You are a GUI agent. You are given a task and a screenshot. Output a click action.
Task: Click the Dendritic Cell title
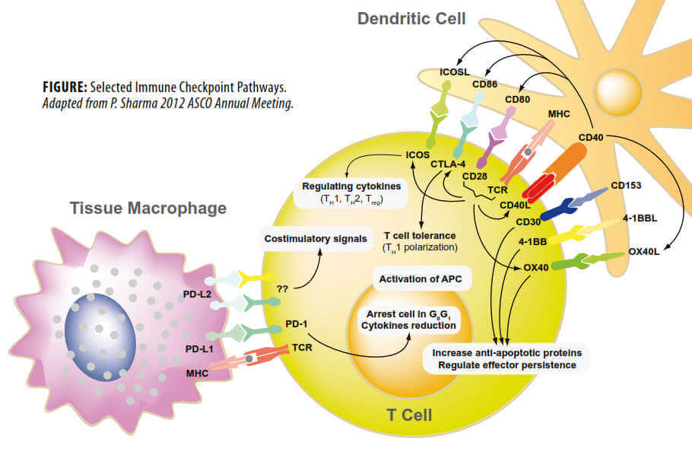tap(411, 18)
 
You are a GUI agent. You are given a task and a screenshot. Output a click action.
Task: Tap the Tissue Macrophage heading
tap(148, 207)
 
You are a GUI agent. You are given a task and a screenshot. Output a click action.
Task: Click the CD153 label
tap(625, 184)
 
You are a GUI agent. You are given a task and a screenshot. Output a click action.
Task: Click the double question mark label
tap(282, 290)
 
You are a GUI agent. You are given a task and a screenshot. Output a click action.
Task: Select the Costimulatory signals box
tap(310, 239)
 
